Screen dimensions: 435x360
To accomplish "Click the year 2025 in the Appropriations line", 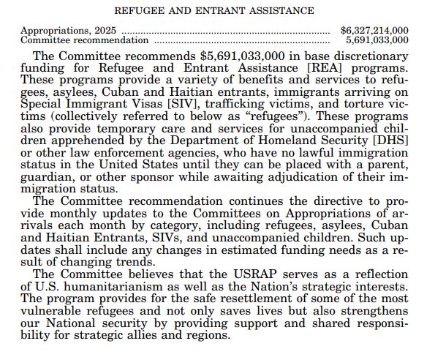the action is (105, 30).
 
